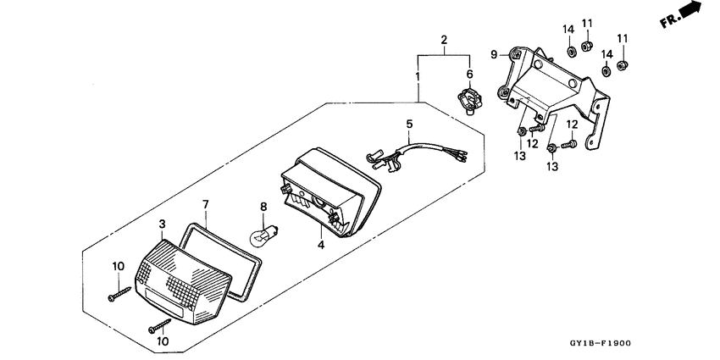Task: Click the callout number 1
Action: pos(417,77)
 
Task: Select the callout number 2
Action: pos(442,40)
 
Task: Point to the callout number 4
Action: pos(320,245)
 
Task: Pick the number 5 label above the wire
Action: pos(408,124)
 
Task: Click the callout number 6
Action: pos(471,74)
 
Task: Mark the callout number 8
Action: pos(263,206)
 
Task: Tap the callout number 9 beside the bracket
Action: pos(493,54)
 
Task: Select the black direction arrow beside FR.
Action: pos(694,9)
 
